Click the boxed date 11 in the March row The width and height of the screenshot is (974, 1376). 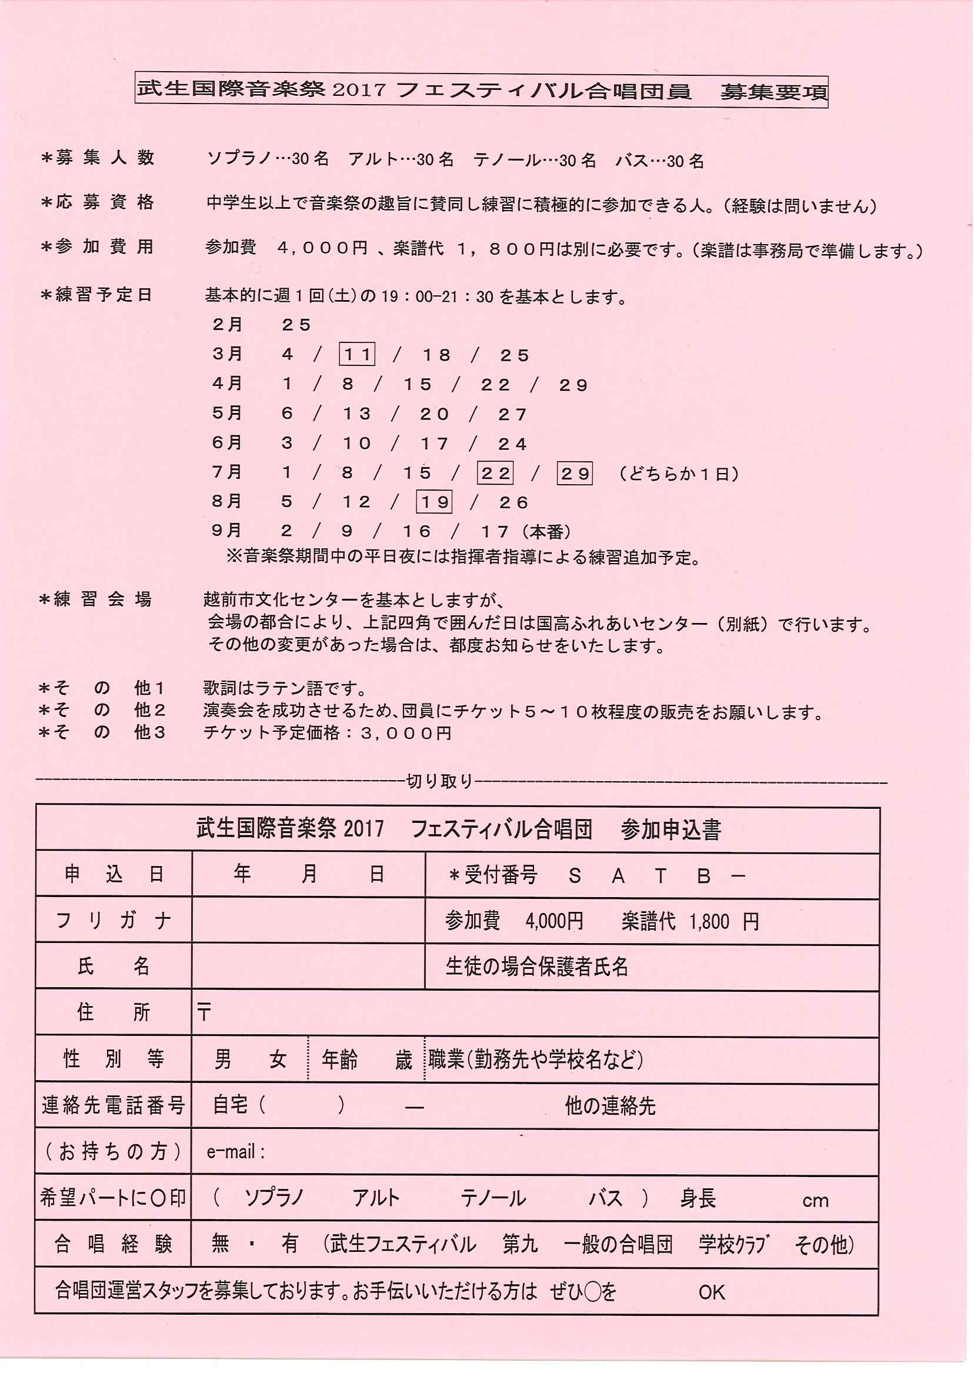click(357, 355)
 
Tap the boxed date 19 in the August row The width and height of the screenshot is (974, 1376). click(433, 502)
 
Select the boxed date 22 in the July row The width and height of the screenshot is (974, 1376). click(495, 473)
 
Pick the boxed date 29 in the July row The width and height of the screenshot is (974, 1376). click(575, 473)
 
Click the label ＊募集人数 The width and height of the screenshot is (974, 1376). click(98, 158)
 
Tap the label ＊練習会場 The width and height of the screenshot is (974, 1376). click(96, 599)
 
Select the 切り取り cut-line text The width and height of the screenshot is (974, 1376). click(439, 781)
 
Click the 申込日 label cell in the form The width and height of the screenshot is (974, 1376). click(114, 875)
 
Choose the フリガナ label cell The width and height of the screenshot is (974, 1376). click(114, 921)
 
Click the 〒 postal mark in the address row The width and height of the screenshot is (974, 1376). click(204, 1013)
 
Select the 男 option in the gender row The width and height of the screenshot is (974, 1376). click(223, 1060)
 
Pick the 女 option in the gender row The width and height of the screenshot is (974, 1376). click(278, 1060)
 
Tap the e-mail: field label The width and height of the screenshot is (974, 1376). click(235, 1152)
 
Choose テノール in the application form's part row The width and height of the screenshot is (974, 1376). click(493, 1198)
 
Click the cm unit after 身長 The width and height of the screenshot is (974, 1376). click(815, 1200)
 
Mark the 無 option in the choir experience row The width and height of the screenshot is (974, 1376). click(221, 1244)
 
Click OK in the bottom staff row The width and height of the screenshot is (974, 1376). click(711, 1292)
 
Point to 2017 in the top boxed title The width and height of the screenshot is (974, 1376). click(359, 90)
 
